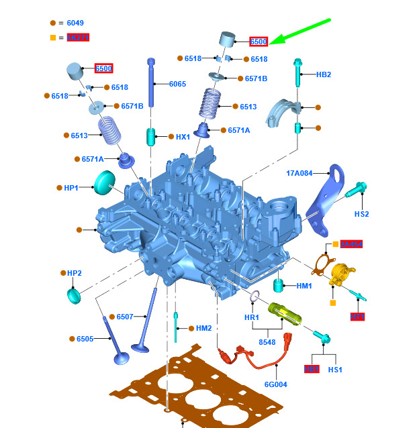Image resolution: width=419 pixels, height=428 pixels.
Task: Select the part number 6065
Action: pyautogui.click(x=177, y=84)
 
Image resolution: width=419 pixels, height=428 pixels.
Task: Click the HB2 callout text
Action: pyautogui.click(x=324, y=74)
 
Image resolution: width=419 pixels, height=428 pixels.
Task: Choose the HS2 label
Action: pyautogui.click(x=362, y=214)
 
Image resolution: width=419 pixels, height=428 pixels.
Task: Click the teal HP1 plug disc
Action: pyautogui.click(x=105, y=181)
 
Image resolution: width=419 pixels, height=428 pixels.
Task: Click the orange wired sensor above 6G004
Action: pyautogui.click(x=255, y=359)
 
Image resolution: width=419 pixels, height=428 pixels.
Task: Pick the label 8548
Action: pyautogui.click(x=267, y=341)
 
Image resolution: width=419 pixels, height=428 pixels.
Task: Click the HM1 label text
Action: pyautogui.click(x=304, y=286)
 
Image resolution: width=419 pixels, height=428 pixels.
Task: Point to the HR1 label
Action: pyautogui.click(x=252, y=317)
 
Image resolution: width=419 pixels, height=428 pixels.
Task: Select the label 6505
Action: pyautogui.click(x=85, y=339)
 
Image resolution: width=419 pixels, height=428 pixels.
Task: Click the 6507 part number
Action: pyautogui.click(x=125, y=317)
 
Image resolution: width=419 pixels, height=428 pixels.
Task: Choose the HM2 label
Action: pyautogui.click(x=203, y=328)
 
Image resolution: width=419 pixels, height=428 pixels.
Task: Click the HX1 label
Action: pyautogui.click(x=183, y=137)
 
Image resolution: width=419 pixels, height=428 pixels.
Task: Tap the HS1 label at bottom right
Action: pyautogui.click(x=335, y=370)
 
